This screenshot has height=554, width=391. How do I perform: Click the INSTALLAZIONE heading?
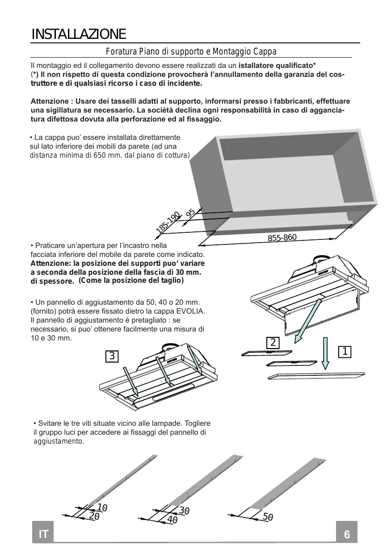click(x=79, y=34)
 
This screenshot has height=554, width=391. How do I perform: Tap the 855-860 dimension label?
click(x=282, y=238)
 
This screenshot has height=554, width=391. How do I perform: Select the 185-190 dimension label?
click(x=168, y=222)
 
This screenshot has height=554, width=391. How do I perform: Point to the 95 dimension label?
click(x=190, y=213)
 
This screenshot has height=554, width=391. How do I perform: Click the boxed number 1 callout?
click(x=345, y=352)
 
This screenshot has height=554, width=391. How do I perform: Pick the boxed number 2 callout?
click(x=273, y=343)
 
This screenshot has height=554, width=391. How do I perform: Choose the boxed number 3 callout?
click(x=112, y=357)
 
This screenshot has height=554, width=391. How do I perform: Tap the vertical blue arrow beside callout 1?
click(x=325, y=353)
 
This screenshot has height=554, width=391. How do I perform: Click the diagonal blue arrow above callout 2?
click(x=307, y=321)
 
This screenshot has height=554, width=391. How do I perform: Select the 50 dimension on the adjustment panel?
click(x=268, y=517)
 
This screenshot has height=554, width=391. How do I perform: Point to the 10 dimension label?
click(x=102, y=508)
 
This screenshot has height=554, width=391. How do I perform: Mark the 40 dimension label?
click(x=172, y=520)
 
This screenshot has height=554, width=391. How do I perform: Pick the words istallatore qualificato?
click(x=276, y=66)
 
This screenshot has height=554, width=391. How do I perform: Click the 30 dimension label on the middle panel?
click(x=184, y=510)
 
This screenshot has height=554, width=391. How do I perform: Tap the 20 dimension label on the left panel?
click(x=94, y=516)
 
